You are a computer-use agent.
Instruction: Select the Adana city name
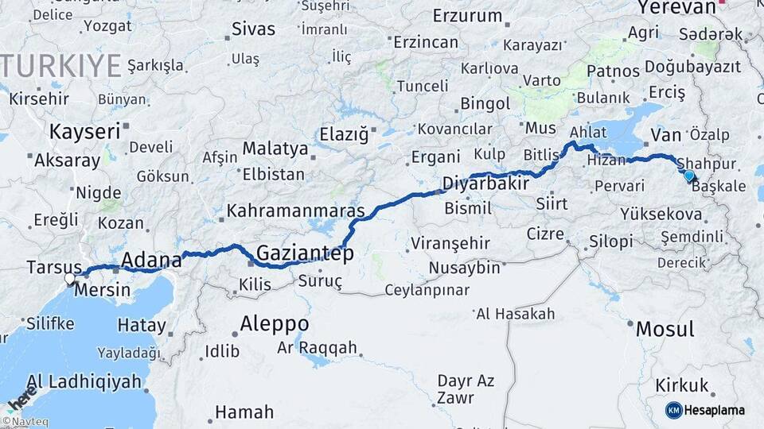(152, 259)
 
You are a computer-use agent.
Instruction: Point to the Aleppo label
(275, 323)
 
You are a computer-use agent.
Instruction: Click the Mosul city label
(665, 328)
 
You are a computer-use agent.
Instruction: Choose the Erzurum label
(468, 15)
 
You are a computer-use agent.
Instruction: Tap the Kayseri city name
(84, 131)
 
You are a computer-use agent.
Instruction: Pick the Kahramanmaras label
(295, 211)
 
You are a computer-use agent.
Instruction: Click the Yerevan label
(677, 7)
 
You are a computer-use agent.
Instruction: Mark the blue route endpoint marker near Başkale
(688, 176)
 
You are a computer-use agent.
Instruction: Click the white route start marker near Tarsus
(70, 279)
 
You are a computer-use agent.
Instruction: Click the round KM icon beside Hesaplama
(674, 410)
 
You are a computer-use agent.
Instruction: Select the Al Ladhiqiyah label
(84, 381)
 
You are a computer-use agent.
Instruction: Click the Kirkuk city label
(681, 385)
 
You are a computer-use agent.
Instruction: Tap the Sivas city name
(253, 29)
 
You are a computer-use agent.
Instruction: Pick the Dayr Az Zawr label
(466, 390)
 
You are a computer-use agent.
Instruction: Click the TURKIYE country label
(61, 64)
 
